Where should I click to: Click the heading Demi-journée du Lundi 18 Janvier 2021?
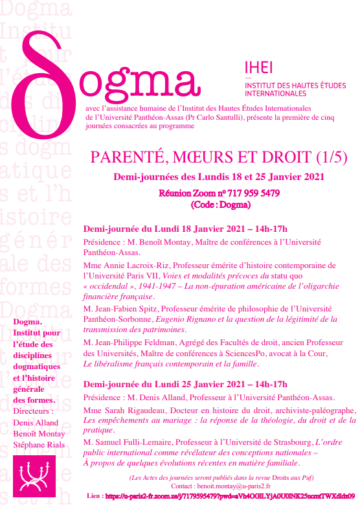(x=185, y=229)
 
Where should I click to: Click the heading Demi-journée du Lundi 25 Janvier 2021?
(x=185, y=383)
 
